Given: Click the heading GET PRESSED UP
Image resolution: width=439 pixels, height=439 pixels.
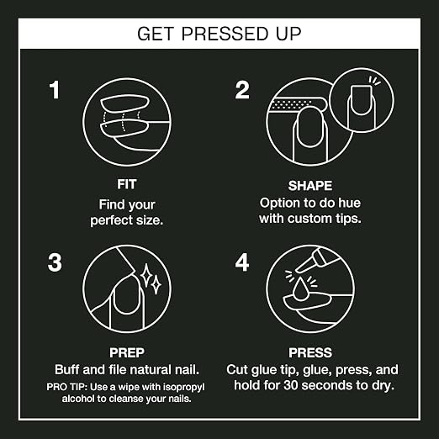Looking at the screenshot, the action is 219,34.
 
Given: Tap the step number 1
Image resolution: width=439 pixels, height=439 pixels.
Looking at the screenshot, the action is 55,90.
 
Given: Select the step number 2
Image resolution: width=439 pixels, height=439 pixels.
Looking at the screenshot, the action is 242,90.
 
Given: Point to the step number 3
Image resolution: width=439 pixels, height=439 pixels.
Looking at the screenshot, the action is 55,262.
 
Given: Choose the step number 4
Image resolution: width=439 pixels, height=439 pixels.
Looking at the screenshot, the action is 242,262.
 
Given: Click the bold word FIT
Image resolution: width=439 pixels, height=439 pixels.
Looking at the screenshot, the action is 127,184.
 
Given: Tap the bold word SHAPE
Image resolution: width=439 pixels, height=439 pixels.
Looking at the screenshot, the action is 310,186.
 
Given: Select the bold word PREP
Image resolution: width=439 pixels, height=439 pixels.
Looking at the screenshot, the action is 127,352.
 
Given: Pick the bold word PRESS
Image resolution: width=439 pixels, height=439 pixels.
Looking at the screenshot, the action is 310,352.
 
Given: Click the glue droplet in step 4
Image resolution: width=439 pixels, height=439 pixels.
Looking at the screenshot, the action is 300,289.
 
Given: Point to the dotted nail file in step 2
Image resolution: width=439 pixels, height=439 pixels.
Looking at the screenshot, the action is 297,104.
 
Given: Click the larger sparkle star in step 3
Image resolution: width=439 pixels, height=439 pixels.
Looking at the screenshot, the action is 146,275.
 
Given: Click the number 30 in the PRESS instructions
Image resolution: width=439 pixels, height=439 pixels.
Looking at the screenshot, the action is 291,385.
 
